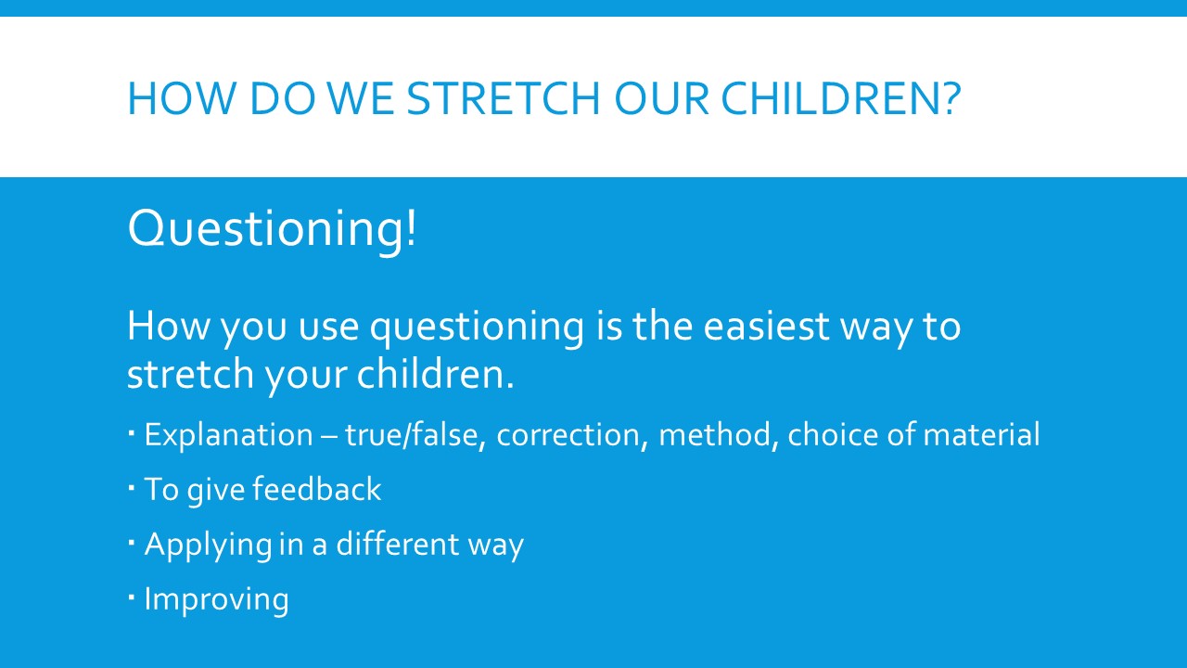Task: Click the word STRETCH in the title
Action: (x=503, y=98)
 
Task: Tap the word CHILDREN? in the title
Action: (x=841, y=98)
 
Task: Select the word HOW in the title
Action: (x=181, y=98)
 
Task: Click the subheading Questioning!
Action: (x=272, y=228)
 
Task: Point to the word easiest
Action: (x=766, y=326)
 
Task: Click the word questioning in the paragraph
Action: (x=477, y=328)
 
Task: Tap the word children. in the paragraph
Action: (x=435, y=373)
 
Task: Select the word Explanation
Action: (x=229, y=436)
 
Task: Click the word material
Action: (x=981, y=435)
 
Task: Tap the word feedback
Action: (x=317, y=488)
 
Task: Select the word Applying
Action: (x=209, y=545)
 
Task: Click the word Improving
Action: (x=217, y=600)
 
